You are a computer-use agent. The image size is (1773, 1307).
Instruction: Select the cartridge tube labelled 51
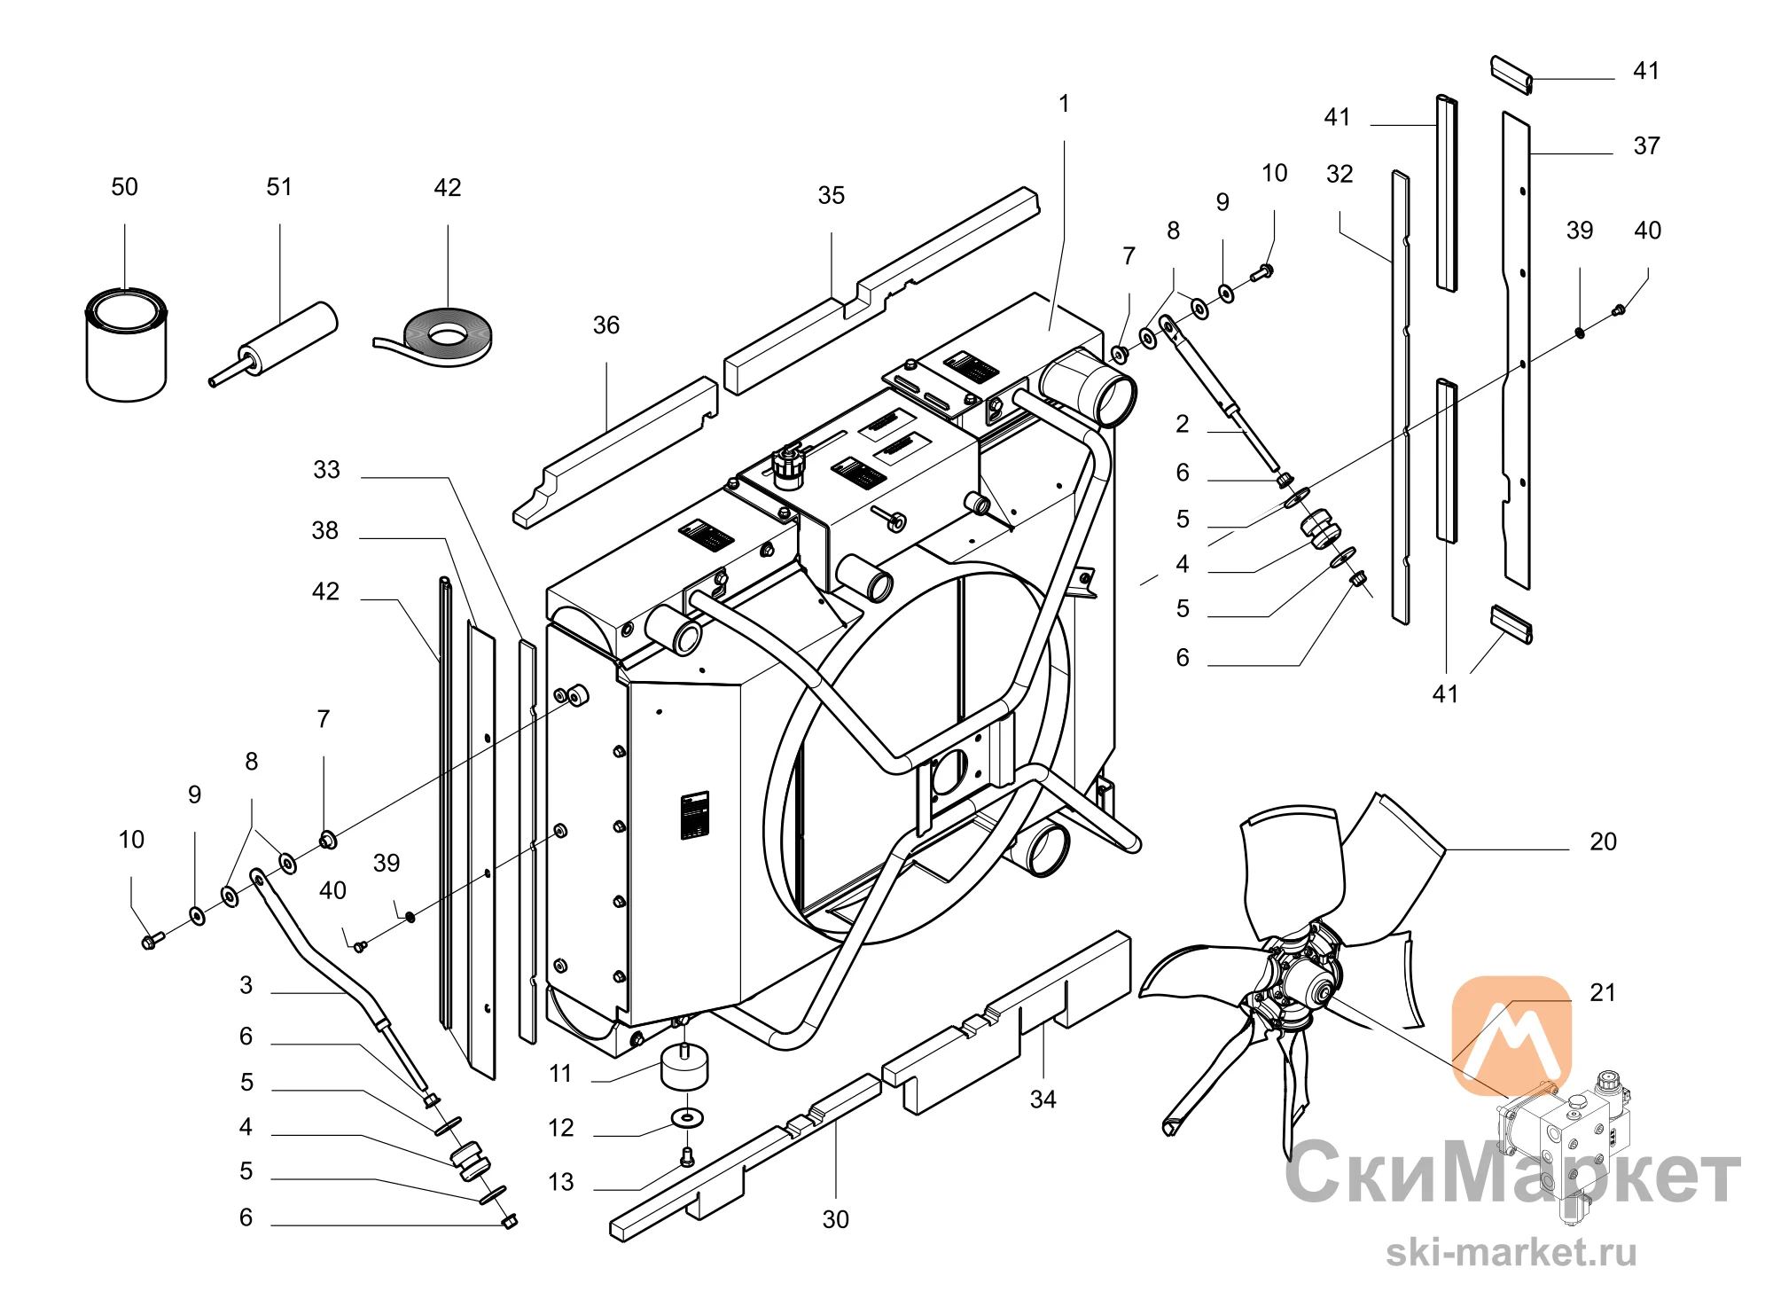click(274, 344)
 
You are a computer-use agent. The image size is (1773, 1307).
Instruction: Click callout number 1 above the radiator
click(1064, 104)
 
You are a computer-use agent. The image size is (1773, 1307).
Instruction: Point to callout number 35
click(832, 195)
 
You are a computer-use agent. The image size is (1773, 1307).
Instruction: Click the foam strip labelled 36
click(615, 452)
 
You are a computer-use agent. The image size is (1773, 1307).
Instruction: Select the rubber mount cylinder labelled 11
click(684, 1067)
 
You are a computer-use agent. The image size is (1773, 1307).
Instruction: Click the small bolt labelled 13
click(687, 1156)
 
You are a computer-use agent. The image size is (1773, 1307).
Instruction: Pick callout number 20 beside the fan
click(1603, 841)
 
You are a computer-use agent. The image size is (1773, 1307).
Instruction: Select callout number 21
click(1602, 992)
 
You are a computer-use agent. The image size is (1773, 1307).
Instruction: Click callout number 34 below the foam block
click(1043, 1100)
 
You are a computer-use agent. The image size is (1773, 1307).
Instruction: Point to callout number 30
click(835, 1219)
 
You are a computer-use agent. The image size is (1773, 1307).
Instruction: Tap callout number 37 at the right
click(1646, 145)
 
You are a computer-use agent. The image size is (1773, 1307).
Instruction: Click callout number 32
click(1340, 174)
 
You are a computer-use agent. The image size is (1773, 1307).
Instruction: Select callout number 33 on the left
click(326, 470)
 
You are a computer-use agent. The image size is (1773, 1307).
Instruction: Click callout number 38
click(324, 530)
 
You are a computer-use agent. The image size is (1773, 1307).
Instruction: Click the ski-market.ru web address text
click(1511, 1252)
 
